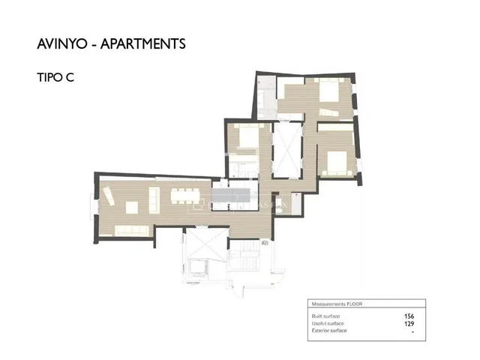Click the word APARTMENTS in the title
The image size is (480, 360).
click(x=145, y=43)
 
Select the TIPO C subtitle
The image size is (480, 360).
click(x=55, y=77)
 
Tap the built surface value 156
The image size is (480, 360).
click(x=409, y=316)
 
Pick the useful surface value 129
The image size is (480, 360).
click(x=409, y=323)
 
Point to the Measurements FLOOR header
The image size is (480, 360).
click(x=337, y=304)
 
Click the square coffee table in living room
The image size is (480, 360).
click(x=134, y=205)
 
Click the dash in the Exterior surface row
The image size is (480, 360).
click(x=413, y=331)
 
